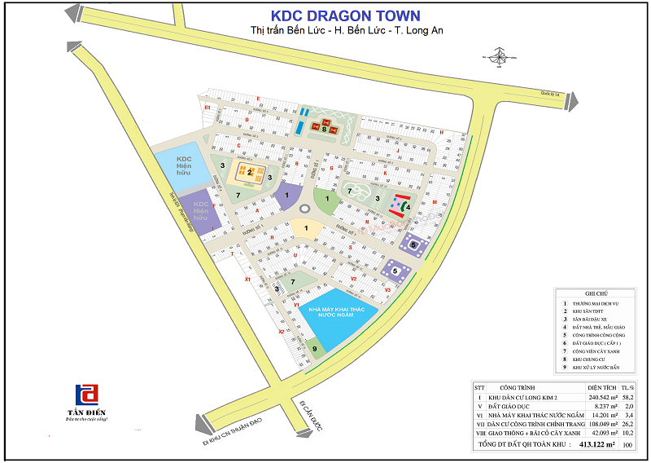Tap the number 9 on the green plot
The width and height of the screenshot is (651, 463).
(x=314, y=348)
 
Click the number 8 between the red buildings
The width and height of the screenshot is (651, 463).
(x=324, y=128)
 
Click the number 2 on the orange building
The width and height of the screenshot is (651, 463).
(x=250, y=172)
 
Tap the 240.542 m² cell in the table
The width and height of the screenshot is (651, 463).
(x=602, y=397)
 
